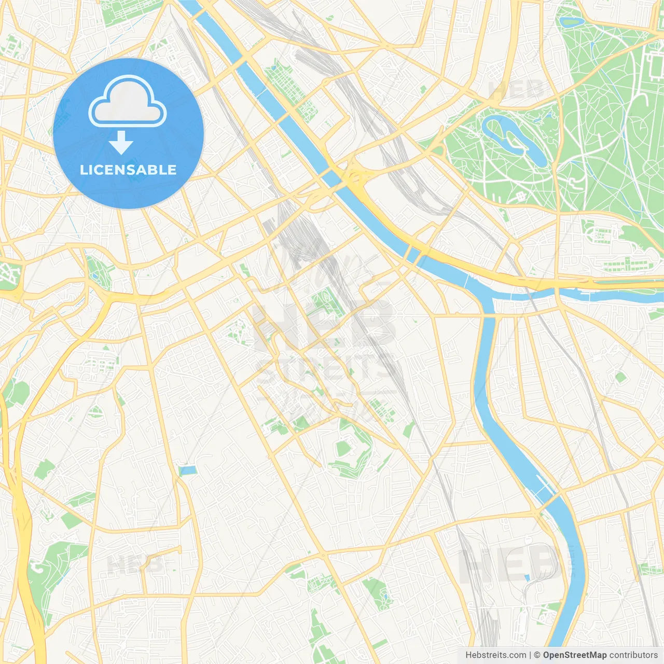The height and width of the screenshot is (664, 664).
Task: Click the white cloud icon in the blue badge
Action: [128, 102]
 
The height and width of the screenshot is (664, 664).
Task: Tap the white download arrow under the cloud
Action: [121, 143]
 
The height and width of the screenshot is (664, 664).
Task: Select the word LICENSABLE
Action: [128, 170]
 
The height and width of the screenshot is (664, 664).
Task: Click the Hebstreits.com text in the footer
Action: [495, 655]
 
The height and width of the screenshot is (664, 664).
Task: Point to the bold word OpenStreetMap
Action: [574, 655]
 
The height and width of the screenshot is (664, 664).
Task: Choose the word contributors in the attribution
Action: [633, 655]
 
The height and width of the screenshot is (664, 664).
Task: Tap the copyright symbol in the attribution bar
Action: [537, 655]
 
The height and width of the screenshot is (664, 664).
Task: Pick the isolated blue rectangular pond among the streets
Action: [187, 471]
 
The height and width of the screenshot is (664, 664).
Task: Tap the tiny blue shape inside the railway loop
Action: [527, 577]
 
